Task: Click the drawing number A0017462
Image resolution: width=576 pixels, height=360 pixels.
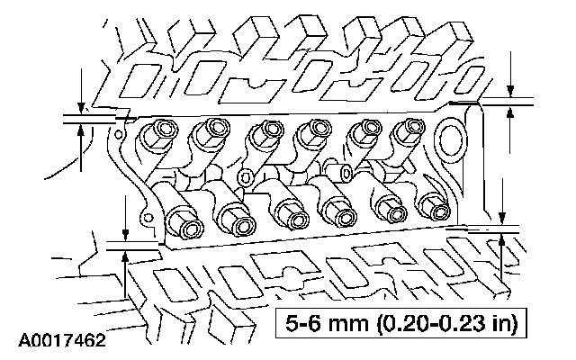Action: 62,340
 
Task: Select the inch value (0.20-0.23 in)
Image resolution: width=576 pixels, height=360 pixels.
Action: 447,324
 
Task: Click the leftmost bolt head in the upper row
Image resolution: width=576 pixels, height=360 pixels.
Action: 164,130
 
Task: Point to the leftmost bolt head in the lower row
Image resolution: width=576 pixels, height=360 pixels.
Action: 188,225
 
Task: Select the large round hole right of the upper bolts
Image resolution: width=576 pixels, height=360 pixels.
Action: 450,139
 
